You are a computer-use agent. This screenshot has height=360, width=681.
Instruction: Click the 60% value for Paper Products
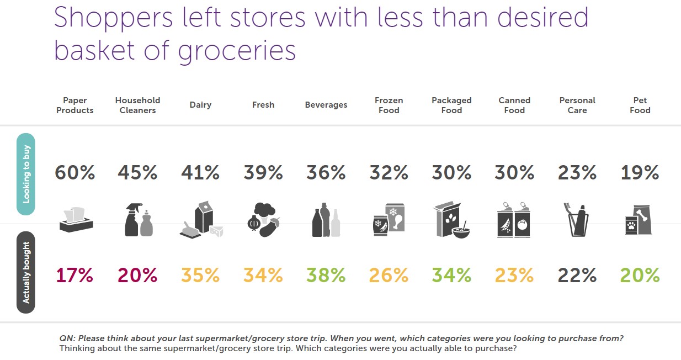(x=75, y=173)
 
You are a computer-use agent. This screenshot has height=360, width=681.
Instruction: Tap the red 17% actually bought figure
(x=75, y=275)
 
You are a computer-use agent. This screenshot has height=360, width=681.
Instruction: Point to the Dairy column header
(x=200, y=105)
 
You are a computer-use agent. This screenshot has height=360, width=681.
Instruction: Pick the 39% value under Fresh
(x=263, y=173)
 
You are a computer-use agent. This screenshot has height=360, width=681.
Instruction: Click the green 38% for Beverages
(x=326, y=275)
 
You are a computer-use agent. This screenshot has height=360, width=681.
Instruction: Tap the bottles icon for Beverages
(x=326, y=221)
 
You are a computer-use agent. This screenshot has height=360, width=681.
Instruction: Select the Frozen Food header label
(x=389, y=105)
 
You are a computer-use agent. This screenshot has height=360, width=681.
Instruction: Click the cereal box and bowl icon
(x=451, y=220)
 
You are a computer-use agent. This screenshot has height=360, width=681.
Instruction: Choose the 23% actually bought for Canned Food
(x=514, y=275)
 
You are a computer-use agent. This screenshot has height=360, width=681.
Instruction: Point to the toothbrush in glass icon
(x=577, y=221)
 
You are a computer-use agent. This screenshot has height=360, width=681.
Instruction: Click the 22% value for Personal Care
(x=577, y=275)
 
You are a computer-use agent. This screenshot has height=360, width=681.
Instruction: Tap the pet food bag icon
(x=640, y=220)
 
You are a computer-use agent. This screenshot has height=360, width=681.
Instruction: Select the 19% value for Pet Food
(x=640, y=173)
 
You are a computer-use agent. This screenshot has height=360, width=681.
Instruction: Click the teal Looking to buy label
(x=26, y=174)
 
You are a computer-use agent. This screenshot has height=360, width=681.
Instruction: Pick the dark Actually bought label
(x=26, y=272)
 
